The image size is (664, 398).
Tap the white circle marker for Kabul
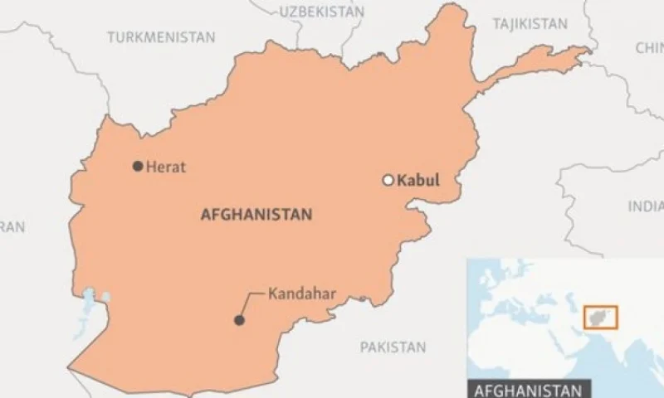click(x=387, y=180)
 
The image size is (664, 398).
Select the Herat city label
click(x=166, y=167)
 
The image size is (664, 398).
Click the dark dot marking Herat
click(x=138, y=166)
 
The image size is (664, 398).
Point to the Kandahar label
click(x=295, y=293)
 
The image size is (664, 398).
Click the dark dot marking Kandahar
click(x=239, y=320)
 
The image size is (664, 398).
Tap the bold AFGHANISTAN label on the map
click(x=256, y=215)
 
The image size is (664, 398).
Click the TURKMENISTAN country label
click(x=161, y=37)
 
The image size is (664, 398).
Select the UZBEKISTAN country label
click(x=321, y=12)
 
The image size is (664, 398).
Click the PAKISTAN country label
click(x=393, y=347)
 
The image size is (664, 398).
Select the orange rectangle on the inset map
click(x=600, y=317)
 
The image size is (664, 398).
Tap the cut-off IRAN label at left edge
click(x=12, y=226)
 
